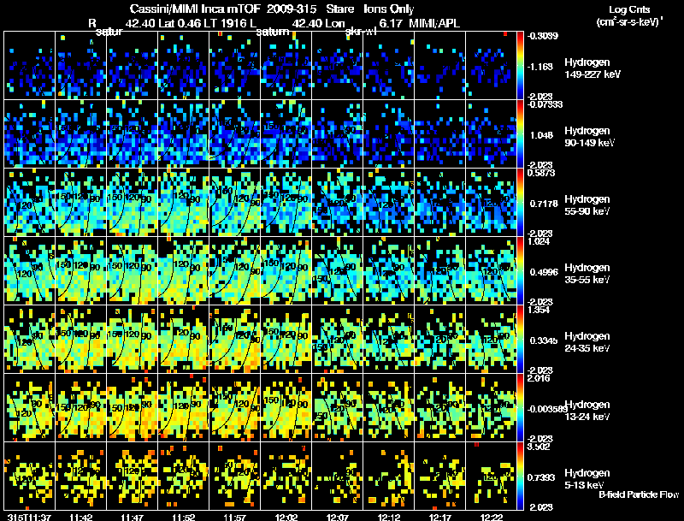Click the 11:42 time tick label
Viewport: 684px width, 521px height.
click(81, 516)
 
